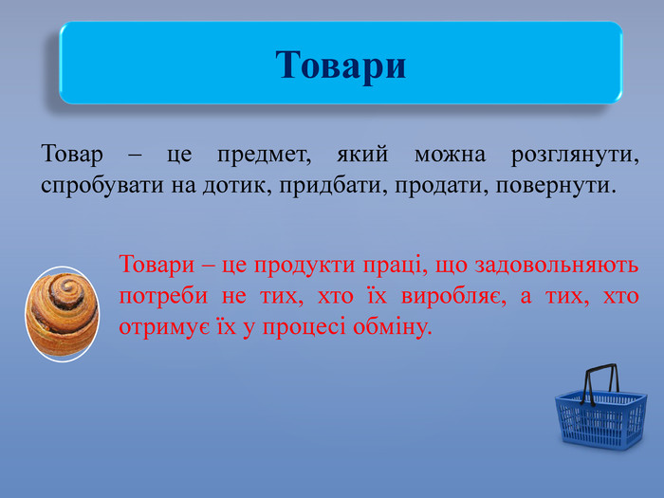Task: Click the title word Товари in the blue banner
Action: [341, 65]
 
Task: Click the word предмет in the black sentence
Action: [265, 155]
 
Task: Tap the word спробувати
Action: [102, 186]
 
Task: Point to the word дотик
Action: [237, 186]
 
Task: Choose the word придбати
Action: [333, 186]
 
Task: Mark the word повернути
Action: [556, 187]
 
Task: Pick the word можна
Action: [450, 155]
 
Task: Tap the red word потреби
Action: [163, 296]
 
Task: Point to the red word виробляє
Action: [453, 296]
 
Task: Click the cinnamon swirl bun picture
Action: [62, 314]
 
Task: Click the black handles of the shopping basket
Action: [599, 383]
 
